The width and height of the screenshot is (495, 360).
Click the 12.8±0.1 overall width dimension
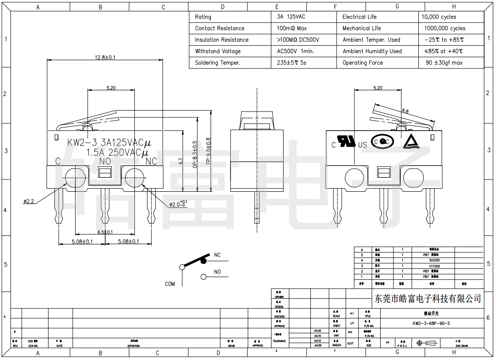[105, 58]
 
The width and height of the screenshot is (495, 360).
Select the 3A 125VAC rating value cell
[291, 17]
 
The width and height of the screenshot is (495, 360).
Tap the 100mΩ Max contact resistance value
[292, 28]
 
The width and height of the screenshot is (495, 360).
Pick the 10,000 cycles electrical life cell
[439, 17]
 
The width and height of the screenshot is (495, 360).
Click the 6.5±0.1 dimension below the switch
[105, 232]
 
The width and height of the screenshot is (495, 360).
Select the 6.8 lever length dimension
[405, 111]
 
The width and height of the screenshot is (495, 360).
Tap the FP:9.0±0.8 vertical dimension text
[208, 151]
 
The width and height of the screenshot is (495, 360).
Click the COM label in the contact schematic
[170, 284]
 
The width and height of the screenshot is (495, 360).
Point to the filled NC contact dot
[204, 261]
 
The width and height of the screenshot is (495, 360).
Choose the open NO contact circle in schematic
[204, 277]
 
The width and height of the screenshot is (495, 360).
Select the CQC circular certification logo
[382, 142]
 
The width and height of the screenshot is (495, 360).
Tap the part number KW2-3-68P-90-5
[431, 323]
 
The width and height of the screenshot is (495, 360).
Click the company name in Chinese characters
[427, 298]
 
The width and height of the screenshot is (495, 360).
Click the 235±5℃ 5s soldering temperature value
[291, 63]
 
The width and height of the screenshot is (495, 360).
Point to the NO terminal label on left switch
[105, 161]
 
